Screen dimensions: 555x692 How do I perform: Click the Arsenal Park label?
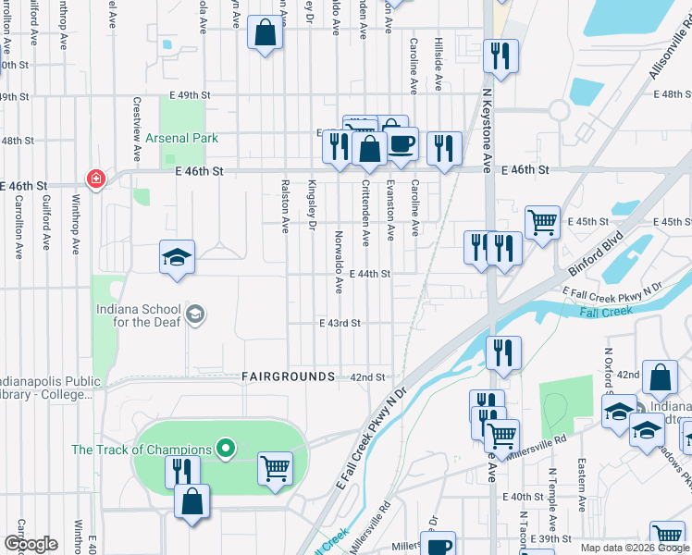180,138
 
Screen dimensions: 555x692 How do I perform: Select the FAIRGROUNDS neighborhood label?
289,376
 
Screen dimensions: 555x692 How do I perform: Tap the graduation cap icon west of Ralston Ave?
178,257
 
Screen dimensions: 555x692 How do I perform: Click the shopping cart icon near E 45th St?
542,221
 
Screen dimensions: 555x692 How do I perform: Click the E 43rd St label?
340,324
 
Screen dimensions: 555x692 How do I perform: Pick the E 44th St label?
371,274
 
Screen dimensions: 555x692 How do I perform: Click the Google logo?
31,544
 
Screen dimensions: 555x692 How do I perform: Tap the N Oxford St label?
609,370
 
